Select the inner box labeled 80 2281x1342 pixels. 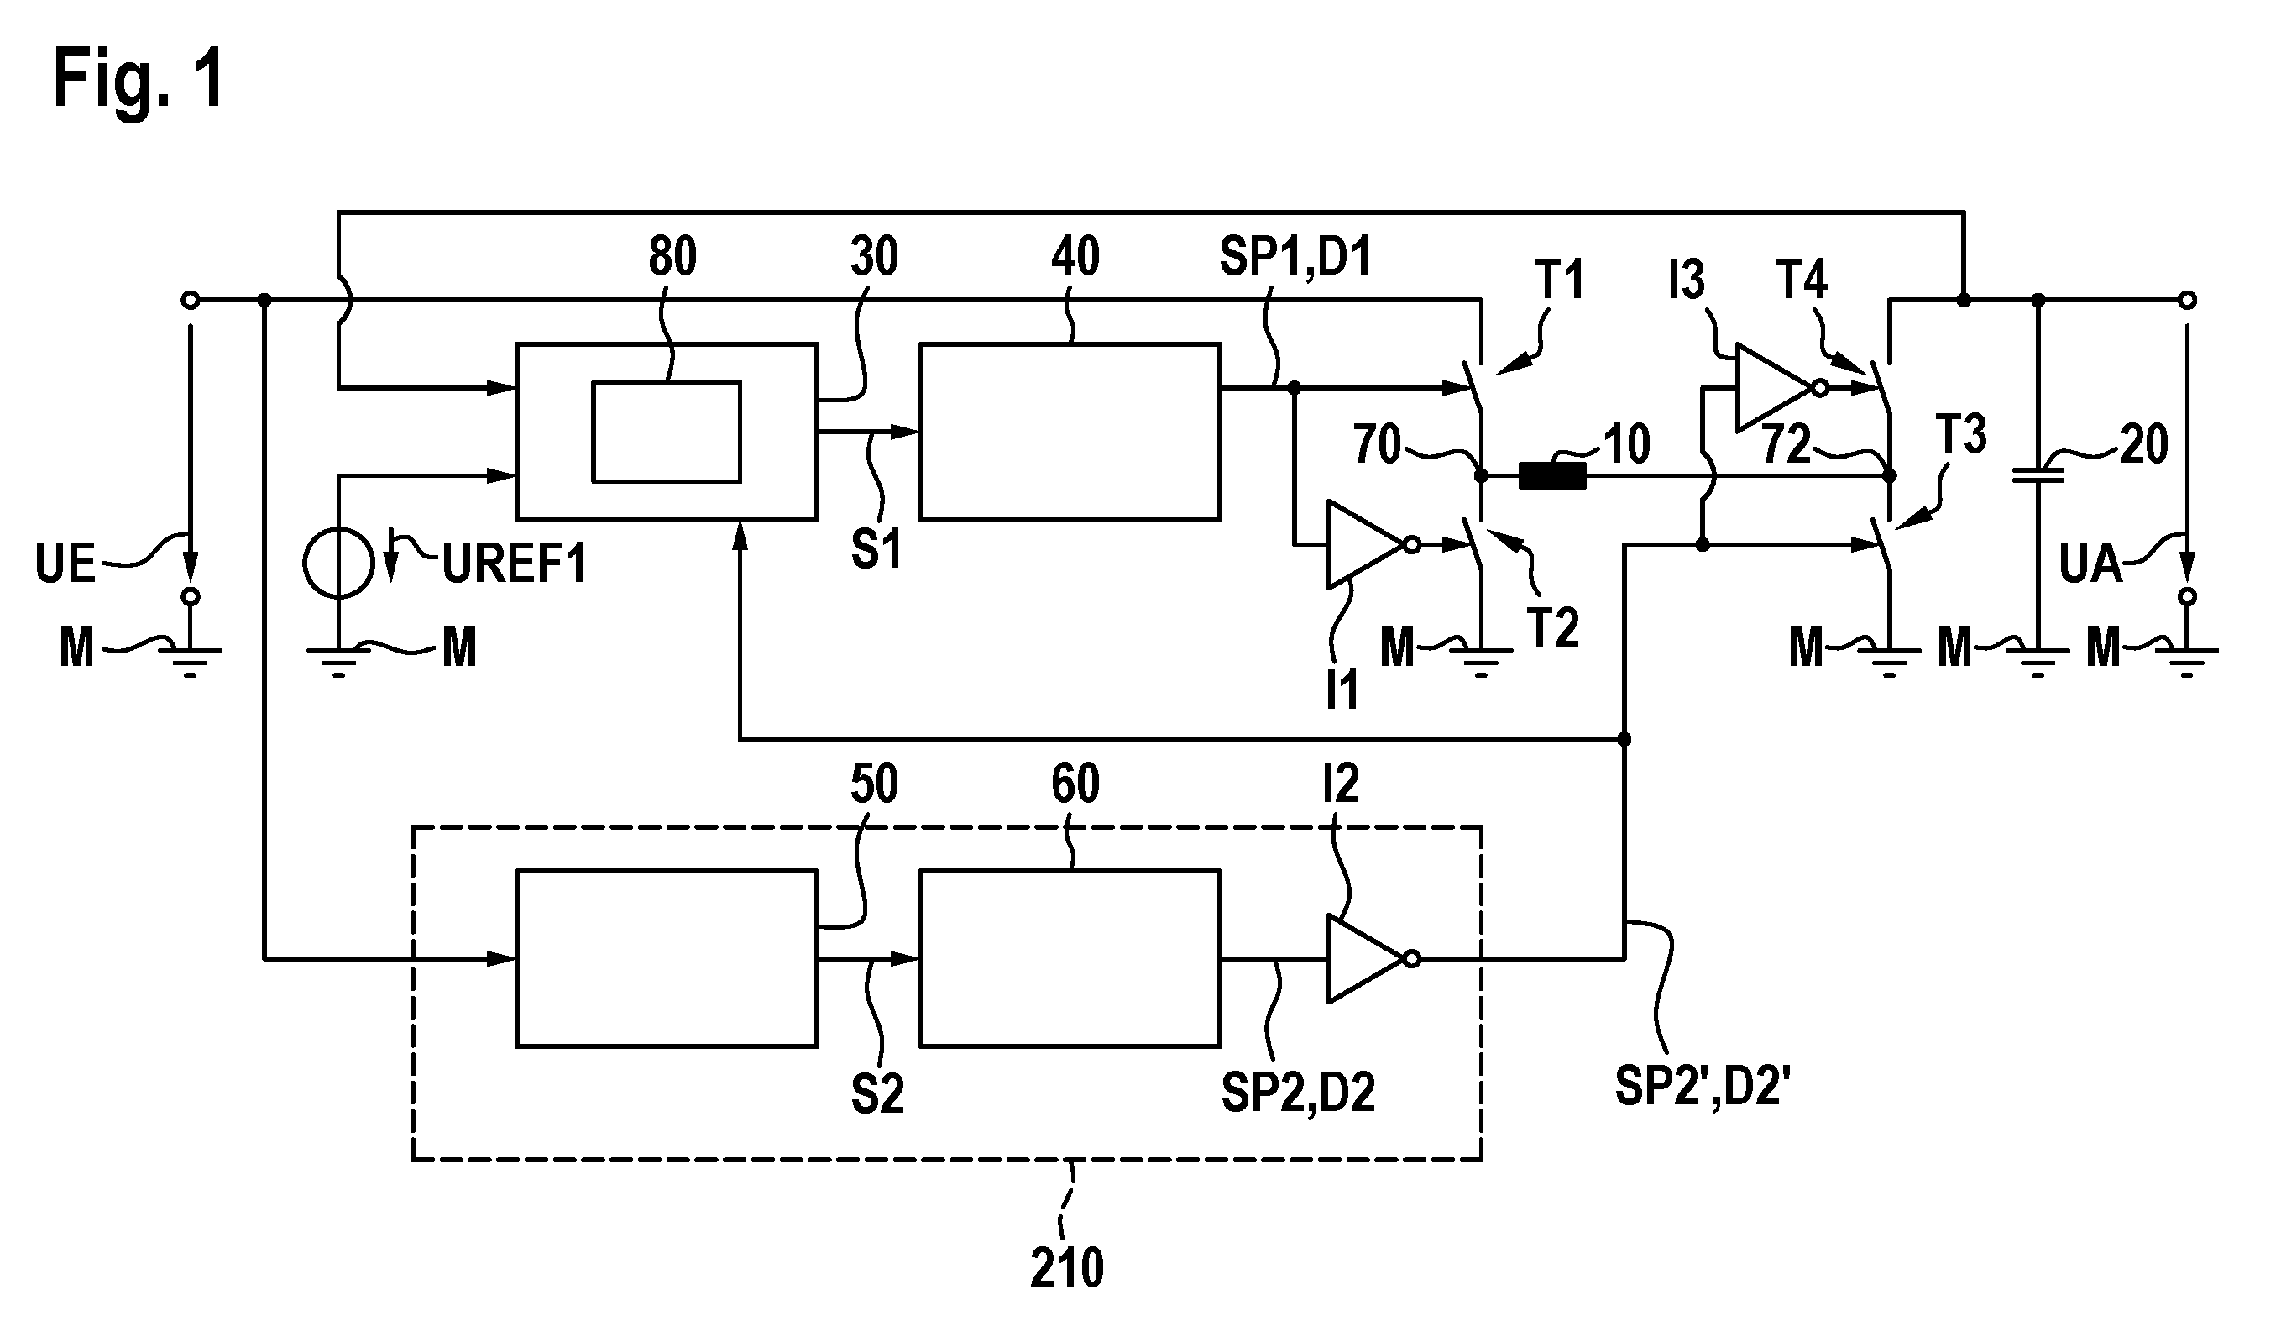tap(667, 432)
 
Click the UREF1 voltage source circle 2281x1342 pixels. tap(337, 564)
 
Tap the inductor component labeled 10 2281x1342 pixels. tap(1551, 475)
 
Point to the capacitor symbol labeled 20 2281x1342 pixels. tap(2038, 475)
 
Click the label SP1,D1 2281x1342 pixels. tap(1295, 256)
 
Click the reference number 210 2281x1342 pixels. tap(1067, 1268)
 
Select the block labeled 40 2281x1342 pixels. tap(1070, 432)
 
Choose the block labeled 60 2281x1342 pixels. tap(1070, 958)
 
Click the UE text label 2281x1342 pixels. tap(65, 564)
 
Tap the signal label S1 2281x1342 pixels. tap(876, 550)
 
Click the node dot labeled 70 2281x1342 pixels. tap(1481, 475)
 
